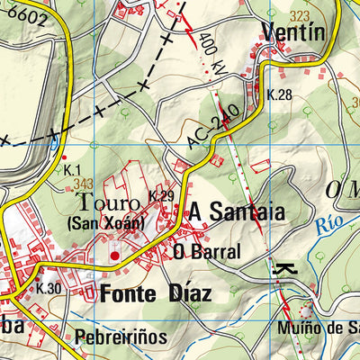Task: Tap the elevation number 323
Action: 300,15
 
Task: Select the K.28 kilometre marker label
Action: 281,94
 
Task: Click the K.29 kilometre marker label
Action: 161,196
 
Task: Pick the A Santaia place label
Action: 236,213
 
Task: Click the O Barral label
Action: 208,252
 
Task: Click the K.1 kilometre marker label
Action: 73,170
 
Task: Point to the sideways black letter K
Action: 283,269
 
